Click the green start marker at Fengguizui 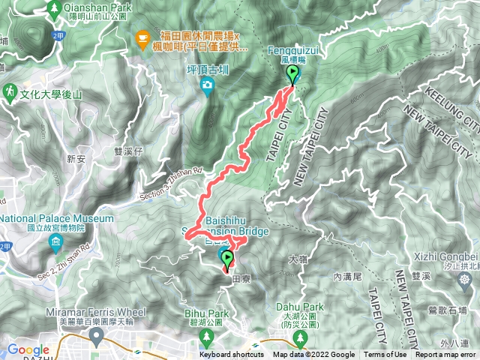click(292, 74)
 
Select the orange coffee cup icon click(142, 36)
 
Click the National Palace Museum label click(57, 218)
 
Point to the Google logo click(28, 350)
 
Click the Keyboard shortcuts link click(232, 355)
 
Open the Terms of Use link click(385, 355)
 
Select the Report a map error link click(445, 355)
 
